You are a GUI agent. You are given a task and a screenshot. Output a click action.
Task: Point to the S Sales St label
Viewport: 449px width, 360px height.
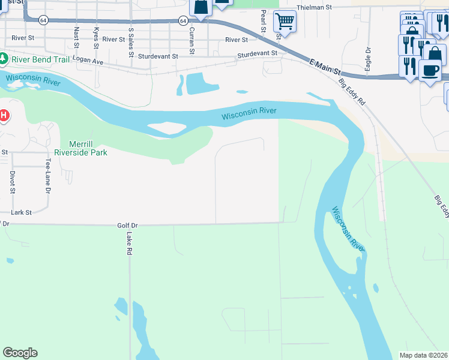pyautogui.click(x=131, y=42)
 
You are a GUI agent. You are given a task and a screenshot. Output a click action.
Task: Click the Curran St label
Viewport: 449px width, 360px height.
pyautogui.click(x=191, y=40)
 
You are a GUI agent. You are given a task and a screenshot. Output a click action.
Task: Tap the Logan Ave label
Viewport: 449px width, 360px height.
pyautogui.click(x=88, y=62)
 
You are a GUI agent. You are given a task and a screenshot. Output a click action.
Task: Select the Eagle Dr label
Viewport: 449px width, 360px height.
pyautogui.click(x=367, y=59)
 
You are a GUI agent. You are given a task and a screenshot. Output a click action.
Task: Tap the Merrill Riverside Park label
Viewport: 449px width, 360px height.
pyautogui.click(x=80, y=148)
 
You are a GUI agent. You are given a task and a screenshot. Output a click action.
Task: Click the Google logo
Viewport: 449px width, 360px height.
pyautogui.click(x=20, y=353)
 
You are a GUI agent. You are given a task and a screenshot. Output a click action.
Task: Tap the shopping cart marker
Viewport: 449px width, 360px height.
pyautogui.click(x=285, y=22)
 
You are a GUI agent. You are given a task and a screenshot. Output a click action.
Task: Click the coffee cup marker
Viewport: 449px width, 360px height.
pyautogui.click(x=430, y=70)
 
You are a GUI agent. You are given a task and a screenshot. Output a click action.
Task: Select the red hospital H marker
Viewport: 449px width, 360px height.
pyautogui.click(x=4, y=114)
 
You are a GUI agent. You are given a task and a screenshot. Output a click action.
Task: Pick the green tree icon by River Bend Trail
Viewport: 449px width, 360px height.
pyautogui.click(x=4, y=59)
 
